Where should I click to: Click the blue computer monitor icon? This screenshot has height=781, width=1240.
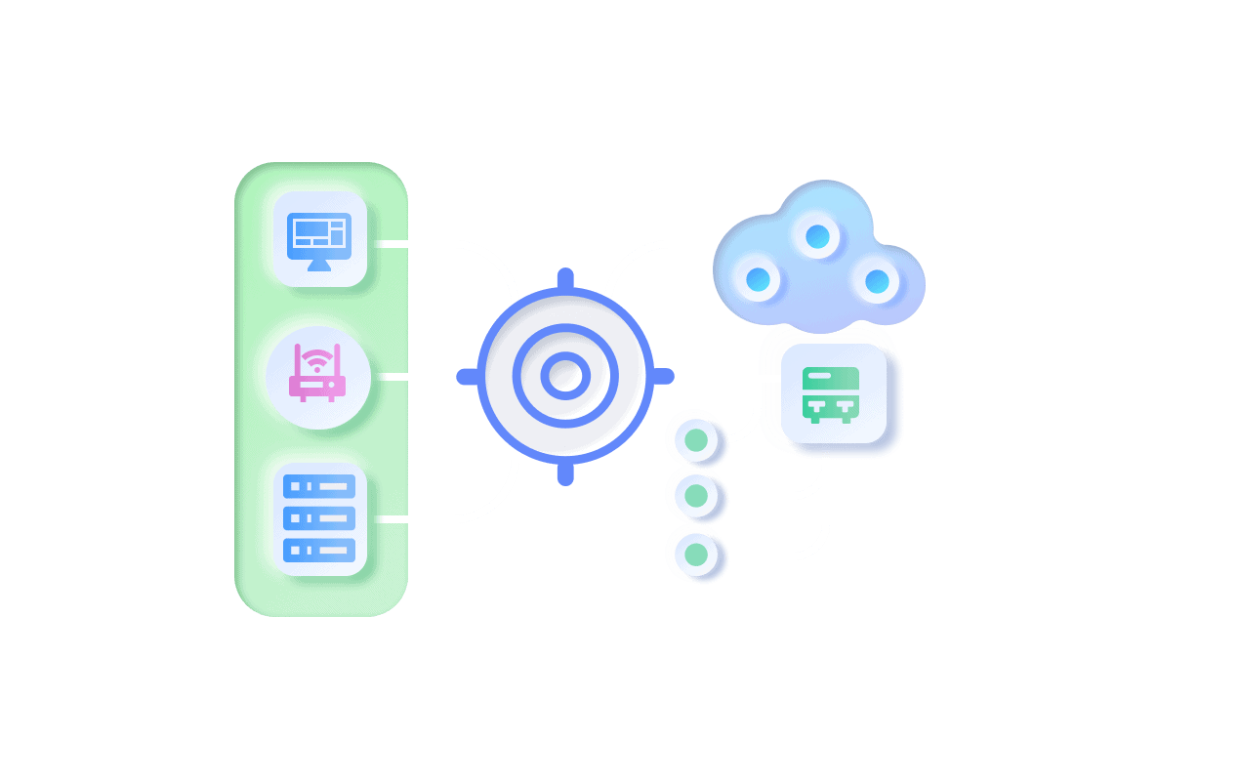click(x=319, y=238)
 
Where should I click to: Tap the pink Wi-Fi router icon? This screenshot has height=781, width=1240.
click(x=317, y=375)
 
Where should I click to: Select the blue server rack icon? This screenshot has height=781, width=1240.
click(x=319, y=517)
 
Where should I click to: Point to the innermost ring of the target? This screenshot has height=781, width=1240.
click(x=565, y=376)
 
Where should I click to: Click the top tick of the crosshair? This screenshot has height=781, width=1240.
click(x=565, y=278)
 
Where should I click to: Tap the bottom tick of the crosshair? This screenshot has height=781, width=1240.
click(x=565, y=474)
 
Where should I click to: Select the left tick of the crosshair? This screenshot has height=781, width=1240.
click(x=467, y=376)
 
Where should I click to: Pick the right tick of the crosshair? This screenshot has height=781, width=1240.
click(x=664, y=376)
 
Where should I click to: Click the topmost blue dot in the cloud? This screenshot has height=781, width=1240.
click(x=817, y=236)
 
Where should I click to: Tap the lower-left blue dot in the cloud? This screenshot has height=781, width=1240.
click(x=758, y=280)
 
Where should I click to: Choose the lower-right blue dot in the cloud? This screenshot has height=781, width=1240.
click(x=877, y=281)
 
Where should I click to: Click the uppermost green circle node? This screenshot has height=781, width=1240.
click(x=696, y=439)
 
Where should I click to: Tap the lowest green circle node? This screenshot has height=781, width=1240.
click(x=696, y=555)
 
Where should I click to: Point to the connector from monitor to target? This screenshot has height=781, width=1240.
click(x=439, y=244)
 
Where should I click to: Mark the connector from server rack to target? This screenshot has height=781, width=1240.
click(x=439, y=517)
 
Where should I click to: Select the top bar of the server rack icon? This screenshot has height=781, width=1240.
click(x=319, y=485)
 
